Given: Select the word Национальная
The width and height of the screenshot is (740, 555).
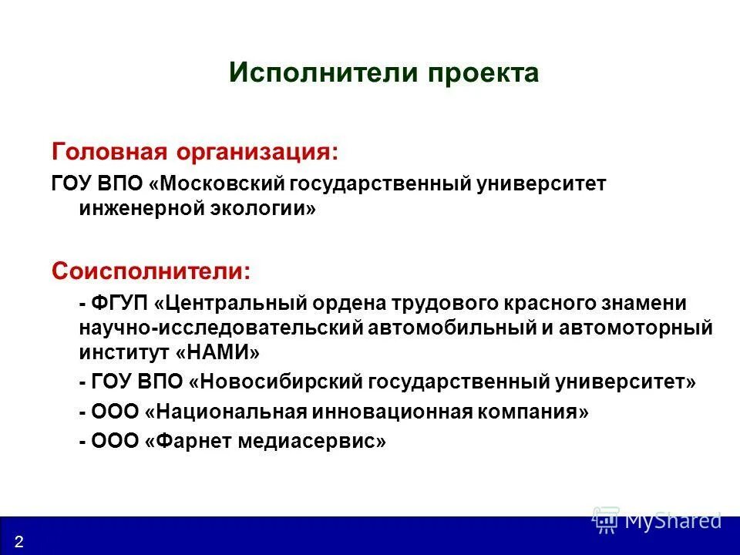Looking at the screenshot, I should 230,412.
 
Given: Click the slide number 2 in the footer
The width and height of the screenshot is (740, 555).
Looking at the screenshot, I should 18,541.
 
